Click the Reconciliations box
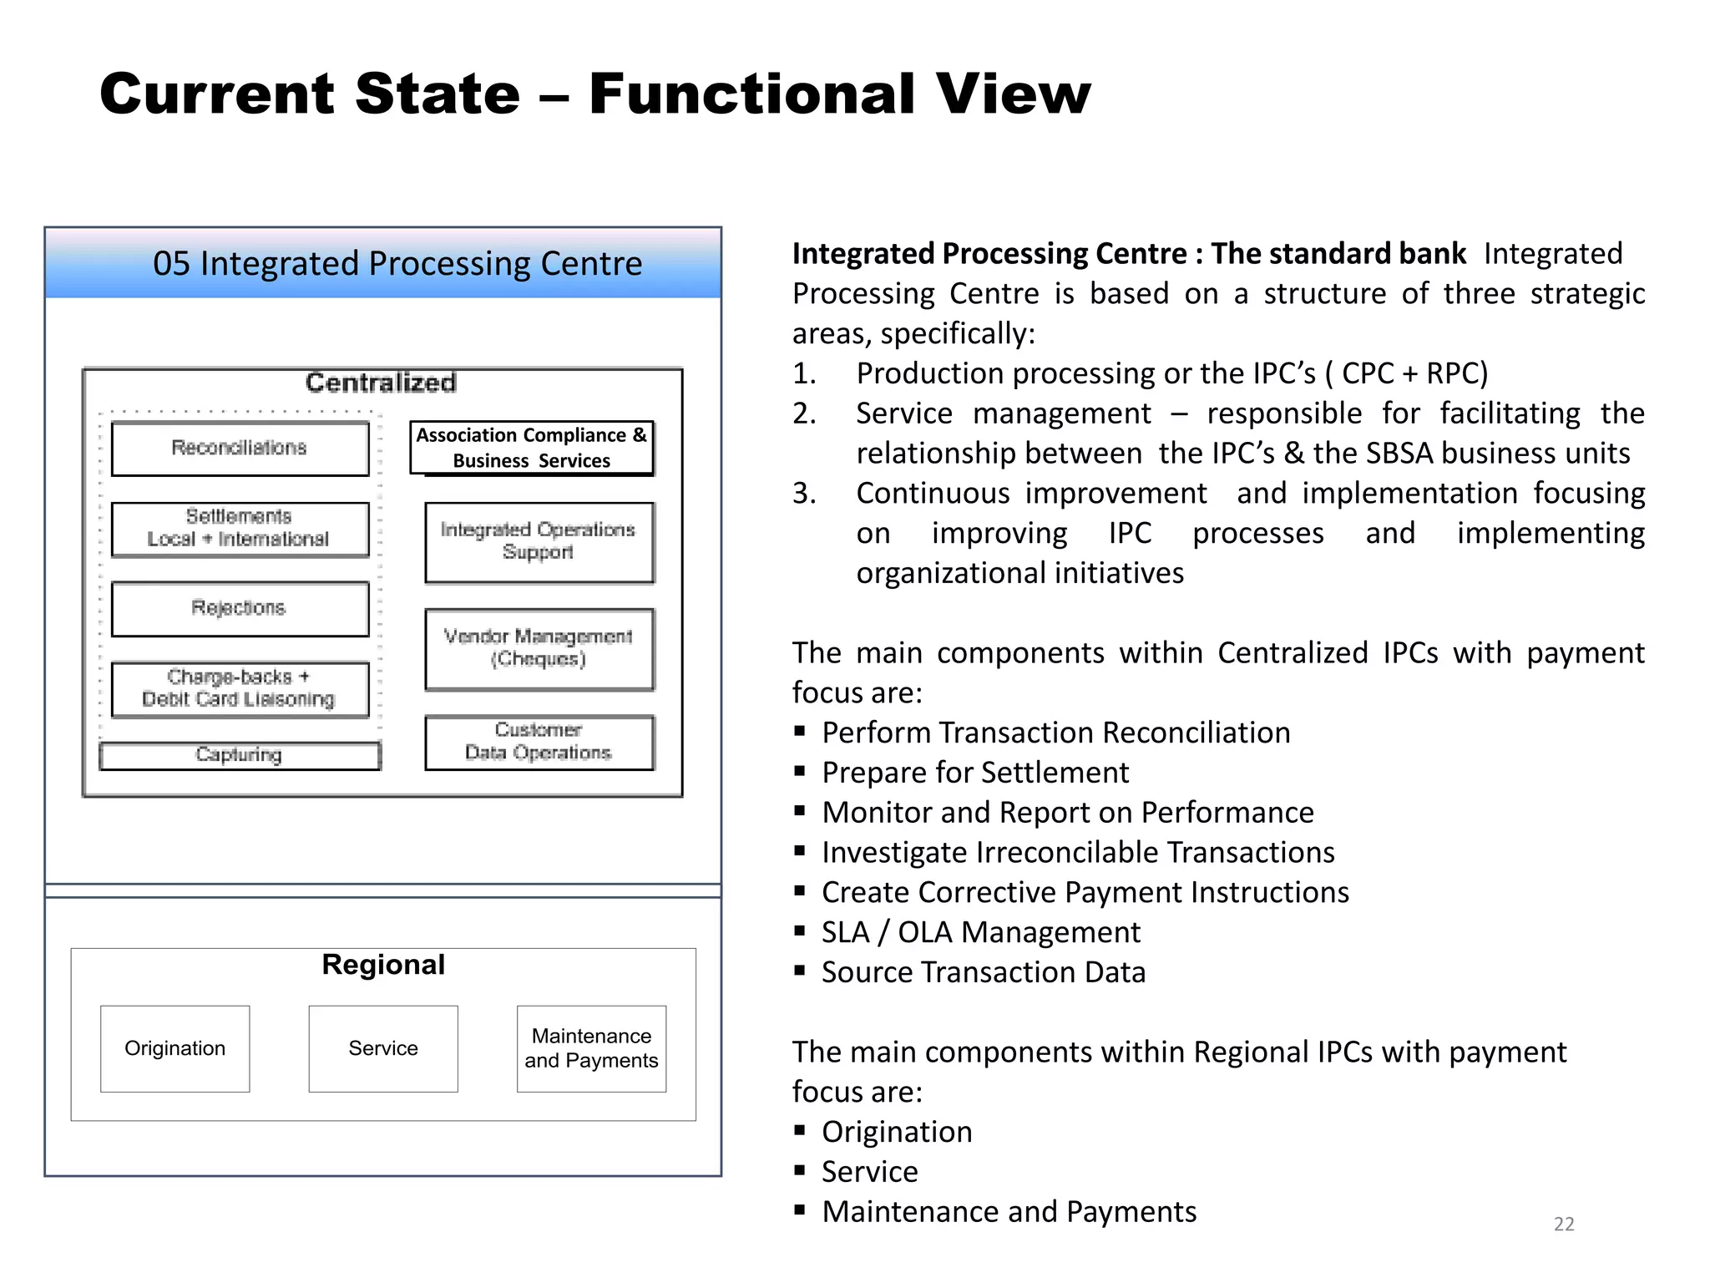tap(240, 449)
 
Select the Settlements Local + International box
tap(240, 529)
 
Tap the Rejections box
tap(240, 609)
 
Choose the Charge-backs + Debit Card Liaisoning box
tap(240, 689)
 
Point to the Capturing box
tap(240, 755)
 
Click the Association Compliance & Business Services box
tap(532, 449)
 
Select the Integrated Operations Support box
tap(539, 542)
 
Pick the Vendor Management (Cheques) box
tap(539, 649)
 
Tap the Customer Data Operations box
tap(539, 742)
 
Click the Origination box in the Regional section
tap(175, 1048)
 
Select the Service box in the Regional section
tap(383, 1048)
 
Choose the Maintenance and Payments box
tap(591, 1048)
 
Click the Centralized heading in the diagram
tap(381, 383)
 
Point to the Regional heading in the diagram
tap(383, 965)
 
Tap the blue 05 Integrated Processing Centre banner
tap(383, 264)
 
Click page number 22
tap(1564, 1224)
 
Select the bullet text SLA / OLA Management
tap(980, 932)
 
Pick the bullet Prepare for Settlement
tap(974, 773)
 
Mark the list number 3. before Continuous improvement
tap(804, 494)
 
